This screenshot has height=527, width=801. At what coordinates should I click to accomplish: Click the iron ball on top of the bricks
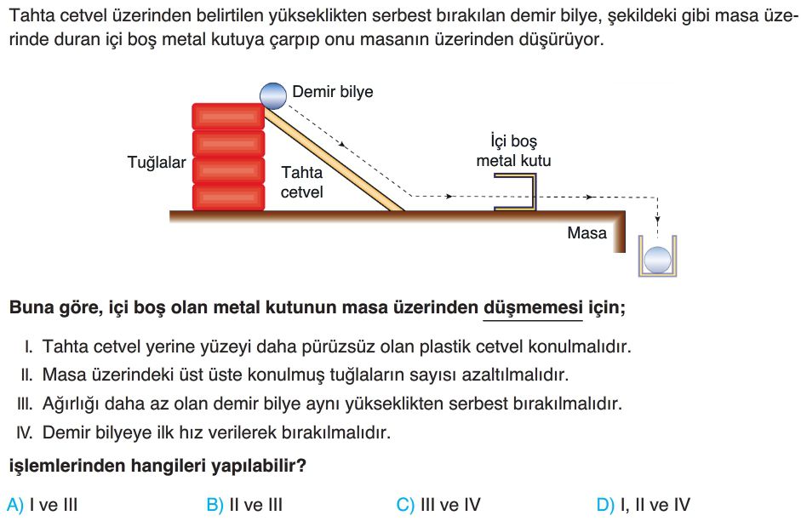(x=273, y=95)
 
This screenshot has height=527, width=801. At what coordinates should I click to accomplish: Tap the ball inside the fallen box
(x=657, y=260)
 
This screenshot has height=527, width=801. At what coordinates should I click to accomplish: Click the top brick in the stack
(x=228, y=116)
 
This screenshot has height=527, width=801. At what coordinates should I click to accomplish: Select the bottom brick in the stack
(x=228, y=198)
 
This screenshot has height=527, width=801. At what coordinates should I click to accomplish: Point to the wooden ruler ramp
(x=334, y=159)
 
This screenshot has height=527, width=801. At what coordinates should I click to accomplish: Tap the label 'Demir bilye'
(x=333, y=91)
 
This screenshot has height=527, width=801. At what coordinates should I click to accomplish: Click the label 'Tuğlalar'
(x=157, y=162)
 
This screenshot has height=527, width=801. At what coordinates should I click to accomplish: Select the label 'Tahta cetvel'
(x=302, y=182)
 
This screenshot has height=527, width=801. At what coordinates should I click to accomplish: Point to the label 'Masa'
(x=587, y=232)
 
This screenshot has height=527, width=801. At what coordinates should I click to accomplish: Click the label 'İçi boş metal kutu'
(x=513, y=151)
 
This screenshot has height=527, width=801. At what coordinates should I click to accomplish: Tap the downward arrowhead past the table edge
(x=657, y=220)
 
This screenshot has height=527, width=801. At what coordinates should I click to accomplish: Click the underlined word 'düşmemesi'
(x=533, y=307)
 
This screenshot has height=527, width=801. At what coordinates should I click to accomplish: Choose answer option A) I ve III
(x=42, y=505)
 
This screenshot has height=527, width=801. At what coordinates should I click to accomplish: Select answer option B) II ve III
(x=244, y=505)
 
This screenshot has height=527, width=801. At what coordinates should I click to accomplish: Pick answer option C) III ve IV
(x=438, y=505)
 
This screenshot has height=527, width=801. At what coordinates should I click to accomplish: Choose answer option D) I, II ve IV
(x=644, y=505)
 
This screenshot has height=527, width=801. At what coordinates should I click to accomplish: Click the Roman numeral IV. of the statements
(x=25, y=433)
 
